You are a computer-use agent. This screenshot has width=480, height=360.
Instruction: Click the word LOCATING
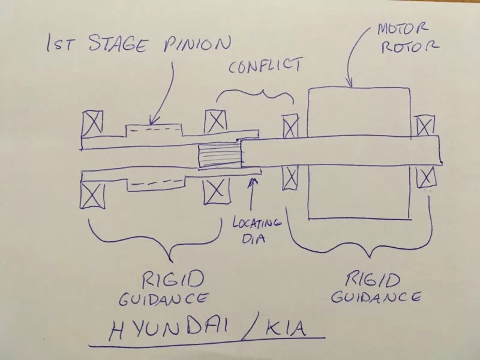coord(257,224)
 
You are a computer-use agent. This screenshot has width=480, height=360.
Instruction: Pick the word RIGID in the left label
coord(172,278)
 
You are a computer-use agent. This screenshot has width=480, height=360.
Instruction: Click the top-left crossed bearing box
coord(92,122)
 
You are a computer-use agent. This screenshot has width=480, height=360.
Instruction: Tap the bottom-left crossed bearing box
coord(93,196)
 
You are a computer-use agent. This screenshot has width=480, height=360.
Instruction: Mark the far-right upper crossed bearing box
coord(424,125)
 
